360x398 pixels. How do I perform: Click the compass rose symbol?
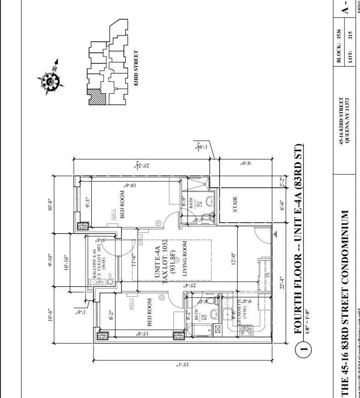pos(50,81)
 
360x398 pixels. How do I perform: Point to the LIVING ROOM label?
pos(185,258)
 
